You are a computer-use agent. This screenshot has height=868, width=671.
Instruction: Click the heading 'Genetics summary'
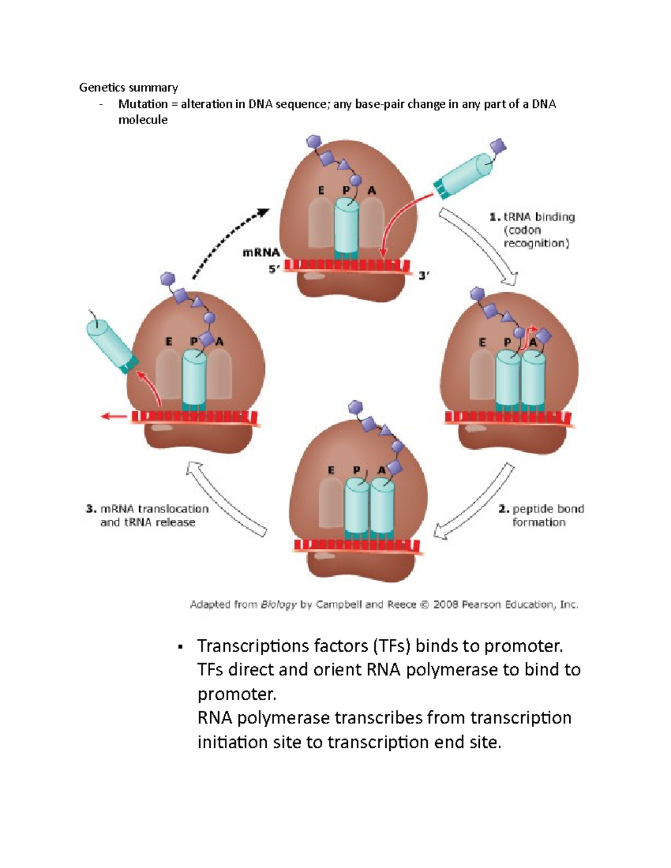coord(128,87)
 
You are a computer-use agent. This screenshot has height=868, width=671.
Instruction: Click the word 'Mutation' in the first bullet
coord(143,104)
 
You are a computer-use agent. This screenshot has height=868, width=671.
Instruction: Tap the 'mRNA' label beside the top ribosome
coord(261,253)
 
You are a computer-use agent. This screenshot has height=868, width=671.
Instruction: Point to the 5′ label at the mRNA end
coord(273,269)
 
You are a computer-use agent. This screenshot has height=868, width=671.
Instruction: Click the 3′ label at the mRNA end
coord(424,275)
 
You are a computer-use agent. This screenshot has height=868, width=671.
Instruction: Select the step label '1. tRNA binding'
coord(532,217)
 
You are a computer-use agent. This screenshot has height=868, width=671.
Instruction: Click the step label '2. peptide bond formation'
coord(541,515)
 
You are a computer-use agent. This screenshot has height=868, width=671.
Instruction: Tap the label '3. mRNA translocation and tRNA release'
coord(147,515)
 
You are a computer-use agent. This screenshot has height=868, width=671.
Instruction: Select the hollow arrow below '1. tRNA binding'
coord(479,246)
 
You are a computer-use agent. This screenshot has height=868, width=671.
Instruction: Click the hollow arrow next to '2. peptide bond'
coord(475,503)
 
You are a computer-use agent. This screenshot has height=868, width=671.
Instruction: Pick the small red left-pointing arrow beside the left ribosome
coord(114,416)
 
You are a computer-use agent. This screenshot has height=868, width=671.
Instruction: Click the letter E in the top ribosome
coord(321,191)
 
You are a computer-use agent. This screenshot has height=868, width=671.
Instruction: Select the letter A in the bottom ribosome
coord(381,470)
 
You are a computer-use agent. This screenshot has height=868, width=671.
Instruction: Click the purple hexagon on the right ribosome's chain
coord(477,293)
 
